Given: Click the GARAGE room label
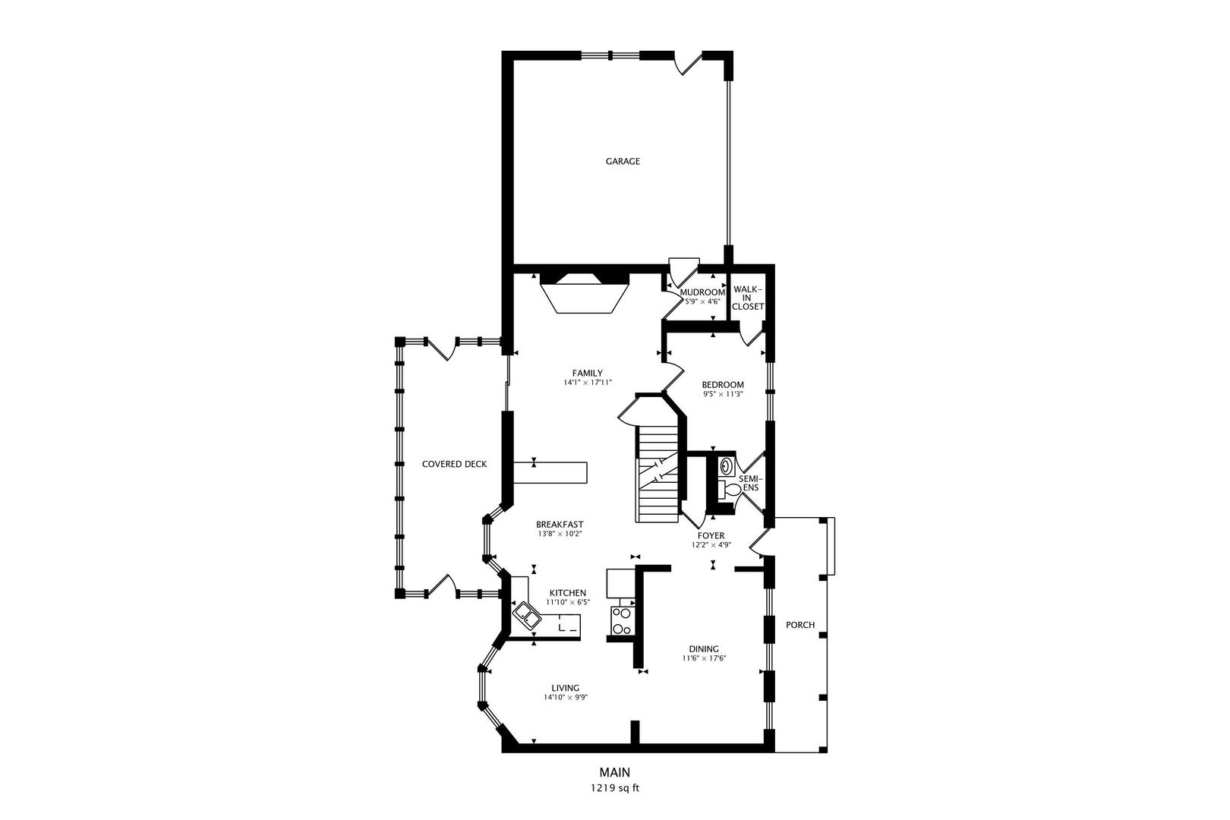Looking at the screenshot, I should pos(623,161).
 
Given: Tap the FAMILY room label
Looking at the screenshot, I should pos(587,373).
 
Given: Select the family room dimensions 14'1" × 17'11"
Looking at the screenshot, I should pos(587,383).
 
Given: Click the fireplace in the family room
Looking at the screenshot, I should pos(584,294).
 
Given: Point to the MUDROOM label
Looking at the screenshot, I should pos(702,292).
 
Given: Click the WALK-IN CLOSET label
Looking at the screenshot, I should pos(748,298).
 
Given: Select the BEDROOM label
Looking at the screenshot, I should pos(722,385).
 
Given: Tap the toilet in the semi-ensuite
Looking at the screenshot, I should pos(730,490).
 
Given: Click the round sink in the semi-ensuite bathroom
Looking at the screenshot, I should pos(726,465).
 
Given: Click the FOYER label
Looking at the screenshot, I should pos(711,535).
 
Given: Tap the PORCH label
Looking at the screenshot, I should pos(800,625).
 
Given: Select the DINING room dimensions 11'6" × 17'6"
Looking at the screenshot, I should pos(704,658).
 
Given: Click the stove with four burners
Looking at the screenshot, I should pos(621,620).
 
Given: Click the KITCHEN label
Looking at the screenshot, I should pos(567,593).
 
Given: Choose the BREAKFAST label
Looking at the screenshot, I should pos(560,525).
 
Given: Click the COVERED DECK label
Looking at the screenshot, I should pos(454,464).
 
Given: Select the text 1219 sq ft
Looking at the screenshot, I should pos(615,788).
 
